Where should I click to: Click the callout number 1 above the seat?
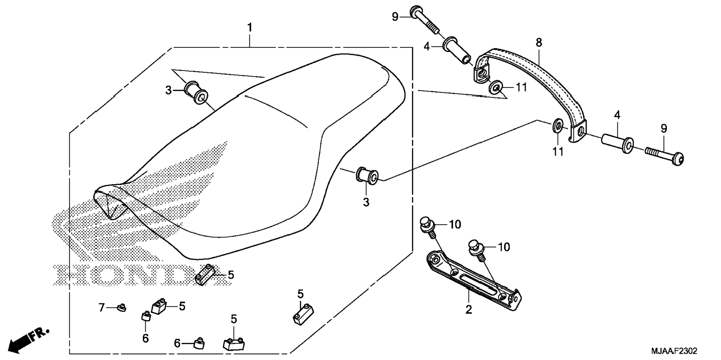click(250, 28)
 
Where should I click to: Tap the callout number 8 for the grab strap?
click(539, 42)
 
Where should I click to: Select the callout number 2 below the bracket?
click(469, 309)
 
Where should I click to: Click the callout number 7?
click(102, 307)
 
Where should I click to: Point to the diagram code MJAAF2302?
click(674, 351)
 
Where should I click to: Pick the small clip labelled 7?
click(121, 308)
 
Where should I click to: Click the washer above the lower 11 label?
click(557, 126)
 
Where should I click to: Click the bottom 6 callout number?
click(177, 343)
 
